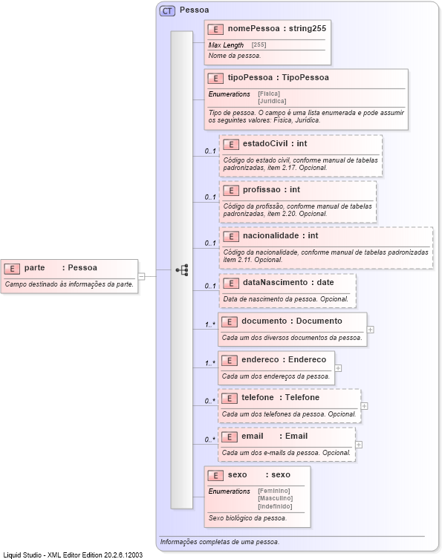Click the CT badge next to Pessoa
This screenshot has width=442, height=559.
tap(168, 10)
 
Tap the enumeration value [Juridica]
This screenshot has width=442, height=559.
tap(272, 100)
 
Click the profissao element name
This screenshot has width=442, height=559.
tap(261, 189)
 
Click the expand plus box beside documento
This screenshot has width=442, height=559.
tap(370, 329)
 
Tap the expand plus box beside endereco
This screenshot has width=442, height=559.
tap(338, 367)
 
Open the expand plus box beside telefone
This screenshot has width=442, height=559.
tap(364, 406)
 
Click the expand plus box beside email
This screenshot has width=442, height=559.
tap(359, 444)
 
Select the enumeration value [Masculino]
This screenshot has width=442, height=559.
tap(275, 498)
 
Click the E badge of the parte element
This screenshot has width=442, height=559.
tap(12, 268)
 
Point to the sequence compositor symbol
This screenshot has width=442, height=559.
tap(181, 270)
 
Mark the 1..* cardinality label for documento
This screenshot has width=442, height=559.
tap(210, 324)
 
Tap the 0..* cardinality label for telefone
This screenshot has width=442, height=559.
tap(209, 401)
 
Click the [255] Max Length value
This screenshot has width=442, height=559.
tap(259, 45)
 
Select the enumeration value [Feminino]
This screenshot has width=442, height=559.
tap(274, 491)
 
